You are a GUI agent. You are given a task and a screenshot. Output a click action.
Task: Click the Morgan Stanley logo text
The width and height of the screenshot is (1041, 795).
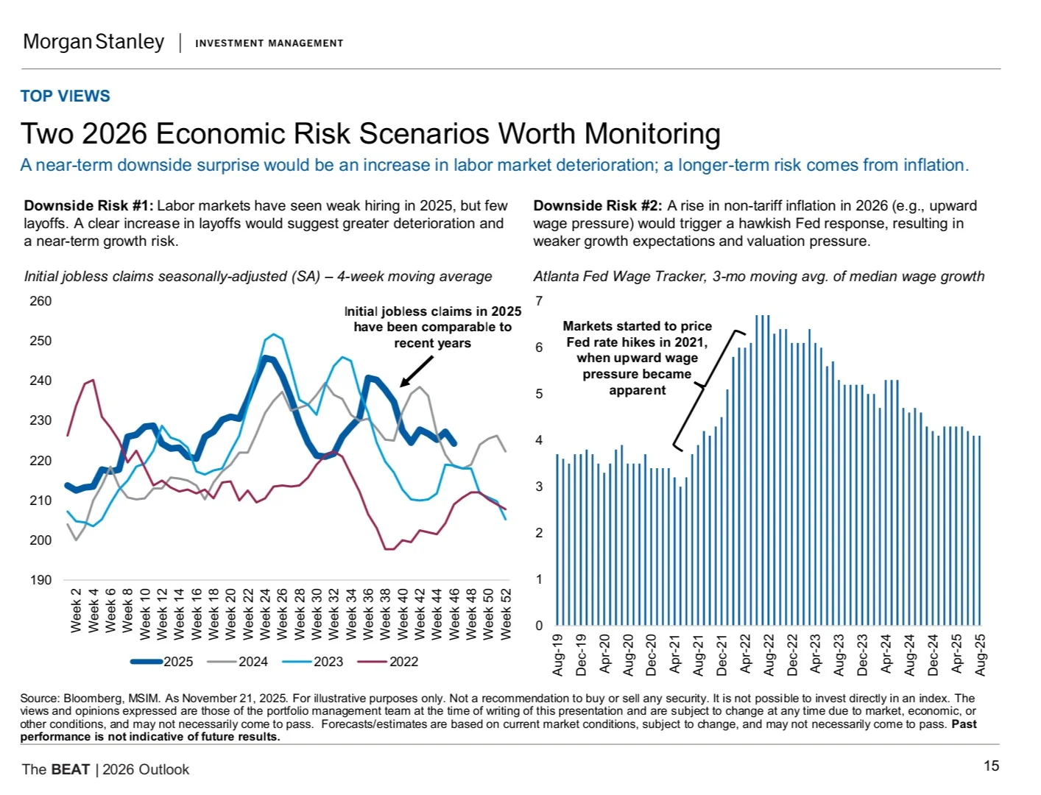pyautogui.click(x=93, y=42)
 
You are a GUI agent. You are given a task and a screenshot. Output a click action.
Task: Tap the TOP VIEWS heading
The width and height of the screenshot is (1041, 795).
pyautogui.click(x=65, y=96)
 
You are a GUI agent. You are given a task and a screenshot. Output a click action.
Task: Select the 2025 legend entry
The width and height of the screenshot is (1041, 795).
pyautogui.click(x=163, y=662)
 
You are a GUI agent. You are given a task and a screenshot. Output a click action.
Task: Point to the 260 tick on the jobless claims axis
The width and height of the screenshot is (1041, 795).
pyautogui.click(x=40, y=301)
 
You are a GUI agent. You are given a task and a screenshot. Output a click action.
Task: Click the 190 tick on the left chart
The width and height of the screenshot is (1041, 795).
pyautogui.click(x=40, y=580)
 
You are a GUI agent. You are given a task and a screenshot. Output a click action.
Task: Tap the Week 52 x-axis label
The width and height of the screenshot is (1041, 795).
pyautogui.click(x=507, y=614)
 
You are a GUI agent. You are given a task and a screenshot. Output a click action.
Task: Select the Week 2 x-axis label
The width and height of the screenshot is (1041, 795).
pyautogui.click(x=76, y=610)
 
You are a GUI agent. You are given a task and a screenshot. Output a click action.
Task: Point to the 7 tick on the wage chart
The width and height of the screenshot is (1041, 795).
pyautogui.click(x=539, y=301)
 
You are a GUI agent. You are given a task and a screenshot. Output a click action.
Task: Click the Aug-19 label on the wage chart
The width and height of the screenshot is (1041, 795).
pyautogui.click(x=558, y=654)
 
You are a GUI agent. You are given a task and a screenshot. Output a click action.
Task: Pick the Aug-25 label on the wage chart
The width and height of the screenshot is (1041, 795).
pyautogui.click(x=980, y=654)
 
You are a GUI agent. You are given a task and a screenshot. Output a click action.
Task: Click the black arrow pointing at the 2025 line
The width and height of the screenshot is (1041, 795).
pyautogui.click(x=416, y=372)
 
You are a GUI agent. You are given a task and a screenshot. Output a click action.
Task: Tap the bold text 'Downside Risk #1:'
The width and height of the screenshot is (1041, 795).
pyautogui.click(x=88, y=206)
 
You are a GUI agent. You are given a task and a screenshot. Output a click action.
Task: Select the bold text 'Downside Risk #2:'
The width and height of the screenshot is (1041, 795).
pyautogui.click(x=598, y=206)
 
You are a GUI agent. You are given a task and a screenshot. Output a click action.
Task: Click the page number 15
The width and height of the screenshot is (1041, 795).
pyautogui.click(x=991, y=766)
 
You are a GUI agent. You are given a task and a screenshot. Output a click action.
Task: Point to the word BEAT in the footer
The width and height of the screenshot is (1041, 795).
pyautogui.click(x=70, y=770)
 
